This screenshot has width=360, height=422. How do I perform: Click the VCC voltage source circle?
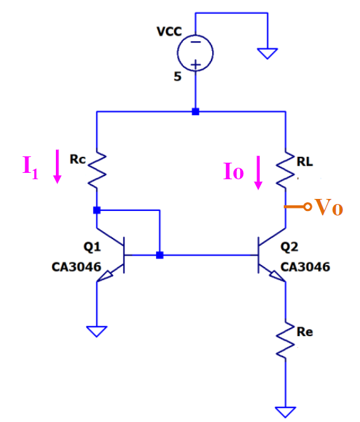pos(195,52)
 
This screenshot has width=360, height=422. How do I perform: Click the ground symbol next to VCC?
pos(268,53)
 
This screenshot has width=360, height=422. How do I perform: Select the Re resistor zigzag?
pos(285,341)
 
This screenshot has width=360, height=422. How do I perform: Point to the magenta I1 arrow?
pos(58,166)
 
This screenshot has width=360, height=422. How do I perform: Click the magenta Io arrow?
pos(258,173)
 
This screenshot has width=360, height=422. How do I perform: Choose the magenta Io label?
pos(234,172)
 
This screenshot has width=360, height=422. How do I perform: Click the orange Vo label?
pos(329,207)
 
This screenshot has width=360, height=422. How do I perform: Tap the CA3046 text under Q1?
pos(76,268)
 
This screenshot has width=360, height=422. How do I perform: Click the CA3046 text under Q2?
pos(305,267)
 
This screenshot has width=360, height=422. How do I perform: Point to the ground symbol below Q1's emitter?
pos(97,331)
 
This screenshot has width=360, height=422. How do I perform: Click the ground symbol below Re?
pos(285,411)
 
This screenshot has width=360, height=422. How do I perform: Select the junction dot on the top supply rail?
pos(196,112)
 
